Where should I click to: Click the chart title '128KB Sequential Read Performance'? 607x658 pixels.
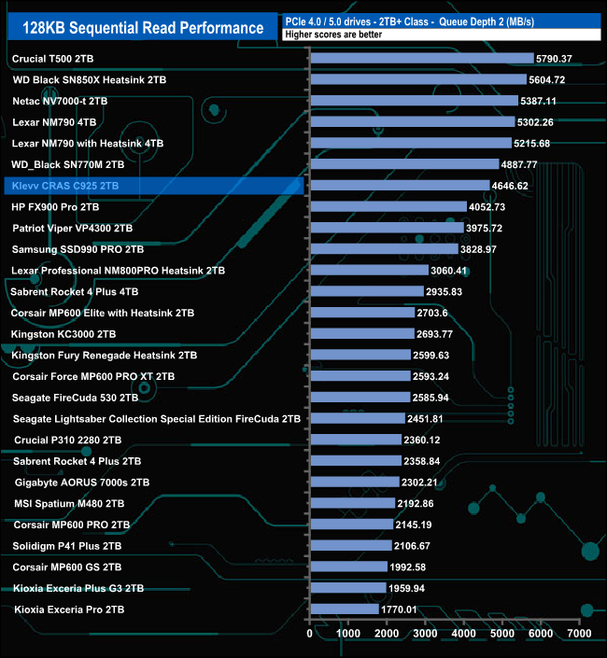pyautogui.click(x=143, y=28)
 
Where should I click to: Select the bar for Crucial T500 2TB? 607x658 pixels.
pyautogui.click(x=420, y=59)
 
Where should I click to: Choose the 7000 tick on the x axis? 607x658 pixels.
pyautogui.click(x=580, y=634)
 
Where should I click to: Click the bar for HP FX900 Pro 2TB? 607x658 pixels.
pyautogui.click(x=388, y=207)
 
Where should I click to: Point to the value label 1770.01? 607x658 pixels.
pyautogui.click(x=404, y=609)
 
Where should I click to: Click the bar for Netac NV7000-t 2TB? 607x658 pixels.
pyautogui.click(x=413, y=101)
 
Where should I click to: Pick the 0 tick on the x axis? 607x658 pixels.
pyautogui.click(x=310, y=634)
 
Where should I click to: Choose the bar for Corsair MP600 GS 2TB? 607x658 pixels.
pyautogui.click(x=348, y=567)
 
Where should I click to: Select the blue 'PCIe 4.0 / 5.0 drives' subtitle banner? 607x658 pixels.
pyautogui.click(x=439, y=20)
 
